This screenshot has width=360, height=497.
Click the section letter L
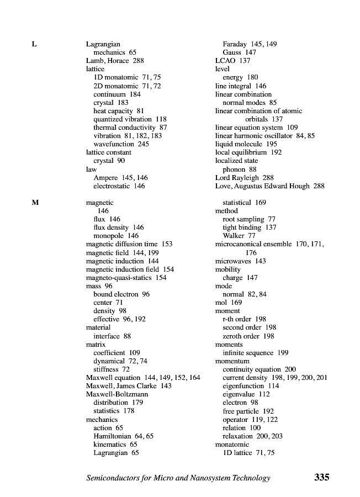tap(34, 44)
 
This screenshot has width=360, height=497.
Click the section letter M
tap(35, 203)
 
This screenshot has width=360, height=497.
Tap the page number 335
tap(321, 478)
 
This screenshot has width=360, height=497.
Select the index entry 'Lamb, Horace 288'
tap(115, 61)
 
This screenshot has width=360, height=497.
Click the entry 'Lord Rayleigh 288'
tap(244, 178)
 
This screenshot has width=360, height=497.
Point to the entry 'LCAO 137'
tap(232, 61)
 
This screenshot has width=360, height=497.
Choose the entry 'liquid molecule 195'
tap(246, 144)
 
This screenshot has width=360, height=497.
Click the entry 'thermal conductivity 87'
tap(130, 128)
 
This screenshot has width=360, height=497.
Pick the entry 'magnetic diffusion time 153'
tap(129, 244)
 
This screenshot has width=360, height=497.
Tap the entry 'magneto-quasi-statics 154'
tap(126, 278)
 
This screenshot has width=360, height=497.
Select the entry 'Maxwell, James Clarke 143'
tap(129, 386)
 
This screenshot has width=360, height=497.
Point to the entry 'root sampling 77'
tap(248, 219)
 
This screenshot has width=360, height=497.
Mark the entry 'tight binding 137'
tap(250, 228)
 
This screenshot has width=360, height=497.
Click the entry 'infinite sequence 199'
tap(255, 353)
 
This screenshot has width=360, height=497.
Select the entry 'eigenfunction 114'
tap(251, 386)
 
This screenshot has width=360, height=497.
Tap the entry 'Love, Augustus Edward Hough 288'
tap(269, 186)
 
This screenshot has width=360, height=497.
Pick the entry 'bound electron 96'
tap(121, 294)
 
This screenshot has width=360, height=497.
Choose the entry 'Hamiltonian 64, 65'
tap(123, 436)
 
